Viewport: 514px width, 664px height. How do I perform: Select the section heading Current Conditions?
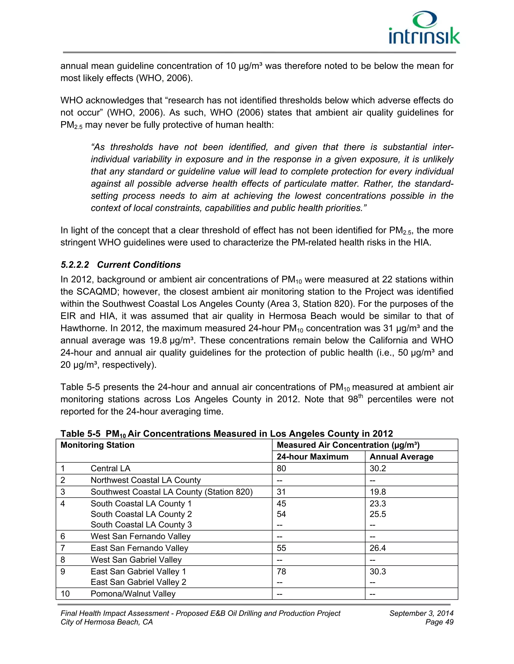[139, 265]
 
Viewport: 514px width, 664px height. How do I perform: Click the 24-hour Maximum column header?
[312, 457]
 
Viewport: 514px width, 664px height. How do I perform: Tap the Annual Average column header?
[401, 457]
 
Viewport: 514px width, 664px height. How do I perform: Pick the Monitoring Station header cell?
[97, 445]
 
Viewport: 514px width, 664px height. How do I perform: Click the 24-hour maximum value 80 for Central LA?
[281, 469]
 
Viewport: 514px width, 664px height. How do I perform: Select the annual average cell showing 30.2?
[377, 469]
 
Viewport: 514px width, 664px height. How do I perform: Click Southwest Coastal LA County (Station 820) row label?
[171, 492]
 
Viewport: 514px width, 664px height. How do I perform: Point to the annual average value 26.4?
[377, 548]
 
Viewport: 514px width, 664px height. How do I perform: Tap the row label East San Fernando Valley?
[139, 548]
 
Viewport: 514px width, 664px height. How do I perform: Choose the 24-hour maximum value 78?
[281, 572]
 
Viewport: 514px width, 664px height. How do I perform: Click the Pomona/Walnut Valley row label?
[133, 594]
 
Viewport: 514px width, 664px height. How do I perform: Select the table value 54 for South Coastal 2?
[281, 514]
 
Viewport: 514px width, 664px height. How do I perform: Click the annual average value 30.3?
[377, 572]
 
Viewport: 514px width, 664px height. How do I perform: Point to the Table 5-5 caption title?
[227, 433]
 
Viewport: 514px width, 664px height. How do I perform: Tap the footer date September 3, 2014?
[421, 613]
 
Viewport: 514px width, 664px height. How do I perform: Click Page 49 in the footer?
[439, 622]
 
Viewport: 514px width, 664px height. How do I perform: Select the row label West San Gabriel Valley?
[136, 560]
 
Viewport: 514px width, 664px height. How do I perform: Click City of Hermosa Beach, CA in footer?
[107, 622]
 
